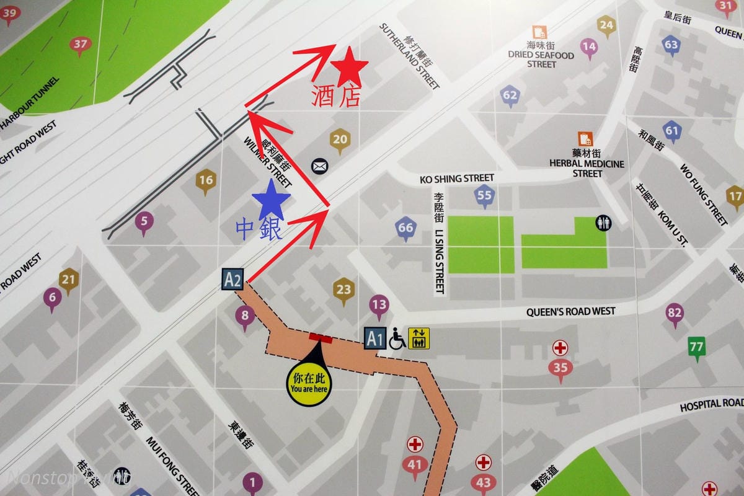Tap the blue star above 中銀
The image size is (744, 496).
pos(272,200)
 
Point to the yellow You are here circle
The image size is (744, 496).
pos(309,384)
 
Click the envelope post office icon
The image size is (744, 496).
pos(319,166)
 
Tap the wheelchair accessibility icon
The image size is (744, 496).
pos(397,339)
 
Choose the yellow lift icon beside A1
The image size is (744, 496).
pos(418,339)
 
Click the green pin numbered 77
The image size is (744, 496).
pos(696,346)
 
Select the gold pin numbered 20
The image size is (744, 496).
pos(340,139)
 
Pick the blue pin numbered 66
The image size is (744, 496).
pos(405,228)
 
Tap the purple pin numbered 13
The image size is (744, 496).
pos(379,304)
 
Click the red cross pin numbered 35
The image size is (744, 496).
pos(560,366)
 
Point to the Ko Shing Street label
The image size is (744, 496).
pos(457,179)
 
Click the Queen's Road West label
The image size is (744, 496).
pos(570,311)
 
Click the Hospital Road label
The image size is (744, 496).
pos(711,404)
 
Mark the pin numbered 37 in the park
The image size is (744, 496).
pos(80,45)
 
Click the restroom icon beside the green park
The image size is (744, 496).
pos(603,223)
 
